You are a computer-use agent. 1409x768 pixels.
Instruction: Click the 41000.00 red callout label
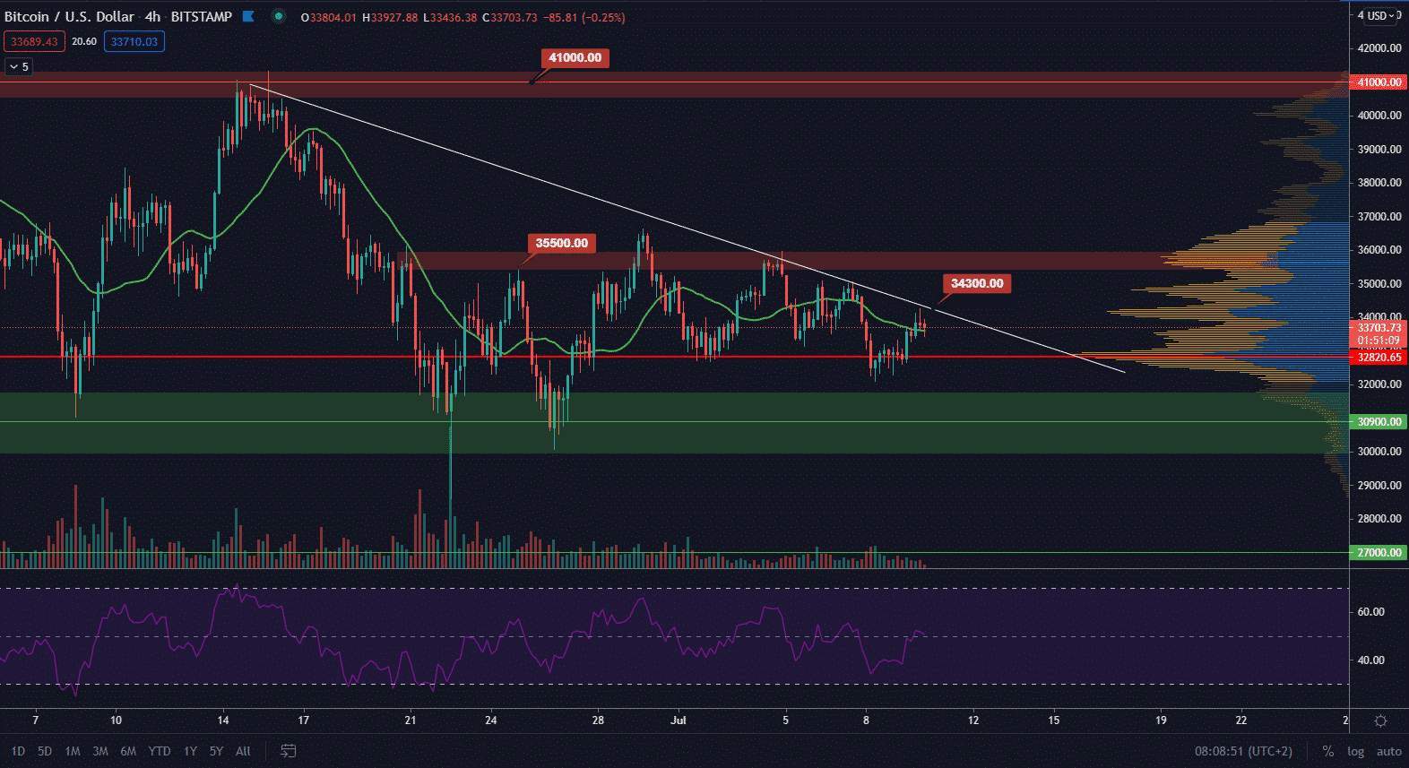[x=575, y=58]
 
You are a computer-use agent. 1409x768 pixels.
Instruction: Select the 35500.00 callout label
[x=561, y=244]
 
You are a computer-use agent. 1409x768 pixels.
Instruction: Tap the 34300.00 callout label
[x=976, y=284]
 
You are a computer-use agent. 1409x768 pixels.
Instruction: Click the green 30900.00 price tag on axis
[x=1379, y=422]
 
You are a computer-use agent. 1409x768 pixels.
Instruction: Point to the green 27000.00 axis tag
[x=1379, y=553]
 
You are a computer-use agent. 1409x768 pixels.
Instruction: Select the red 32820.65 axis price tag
[x=1379, y=358]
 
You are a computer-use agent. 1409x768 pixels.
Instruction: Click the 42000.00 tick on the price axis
[x=1379, y=48]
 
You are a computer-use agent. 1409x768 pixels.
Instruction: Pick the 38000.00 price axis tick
[x=1379, y=183]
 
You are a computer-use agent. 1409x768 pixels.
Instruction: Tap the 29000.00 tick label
[x=1379, y=486]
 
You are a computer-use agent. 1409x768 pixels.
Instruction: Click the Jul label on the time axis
[x=679, y=721]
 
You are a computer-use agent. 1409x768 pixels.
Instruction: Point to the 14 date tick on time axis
[x=223, y=721]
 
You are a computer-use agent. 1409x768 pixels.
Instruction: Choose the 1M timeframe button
[x=73, y=752]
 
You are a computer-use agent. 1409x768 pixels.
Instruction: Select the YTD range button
[x=160, y=752]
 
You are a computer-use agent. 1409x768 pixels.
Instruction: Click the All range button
[x=243, y=752]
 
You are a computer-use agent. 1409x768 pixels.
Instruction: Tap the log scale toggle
[x=1355, y=752]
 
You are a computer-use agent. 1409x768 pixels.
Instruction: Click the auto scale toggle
[x=1388, y=752]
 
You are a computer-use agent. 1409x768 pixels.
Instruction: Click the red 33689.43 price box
[x=34, y=42]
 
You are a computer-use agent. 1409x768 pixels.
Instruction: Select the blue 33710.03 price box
[x=134, y=42]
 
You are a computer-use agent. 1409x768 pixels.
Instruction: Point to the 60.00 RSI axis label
[x=1370, y=612]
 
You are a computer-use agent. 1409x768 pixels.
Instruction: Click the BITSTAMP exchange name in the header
[x=201, y=17]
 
